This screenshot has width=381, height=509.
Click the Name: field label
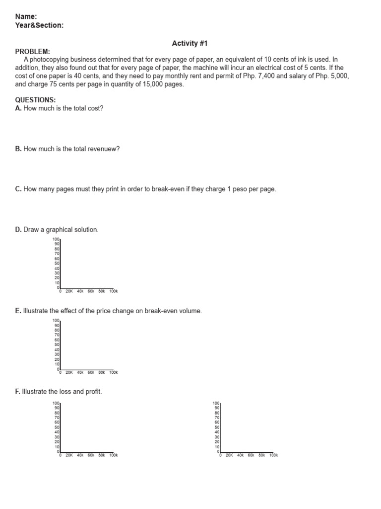(x=26, y=16)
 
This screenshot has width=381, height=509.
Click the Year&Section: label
(x=39, y=25)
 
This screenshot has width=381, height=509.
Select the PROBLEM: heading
(x=32, y=51)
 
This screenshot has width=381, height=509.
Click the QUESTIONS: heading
(x=35, y=100)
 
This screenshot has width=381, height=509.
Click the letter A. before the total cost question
(x=18, y=108)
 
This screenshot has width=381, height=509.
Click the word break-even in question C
(x=169, y=189)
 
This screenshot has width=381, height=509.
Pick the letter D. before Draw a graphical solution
(x=18, y=230)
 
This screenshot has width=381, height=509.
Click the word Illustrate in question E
(x=37, y=311)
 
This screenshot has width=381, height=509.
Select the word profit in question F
(x=93, y=392)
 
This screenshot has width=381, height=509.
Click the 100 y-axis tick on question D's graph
(x=56, y=240)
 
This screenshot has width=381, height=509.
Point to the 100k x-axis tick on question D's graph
(x=113, y=291)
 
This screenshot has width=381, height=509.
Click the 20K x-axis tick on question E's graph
(x=69, y=372)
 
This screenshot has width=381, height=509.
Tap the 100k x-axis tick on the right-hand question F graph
(x=273, y=455)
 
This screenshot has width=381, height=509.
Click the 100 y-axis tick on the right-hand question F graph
(x=216, y=403)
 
